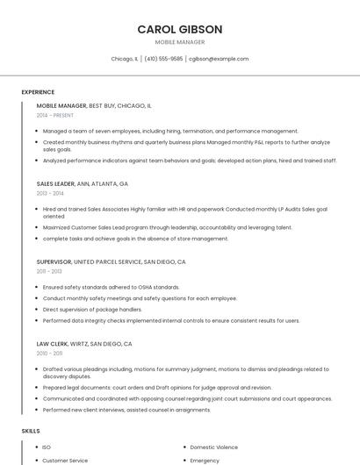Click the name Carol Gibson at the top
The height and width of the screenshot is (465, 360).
(180, 30)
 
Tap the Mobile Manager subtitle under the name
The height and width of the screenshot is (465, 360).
(180, 42)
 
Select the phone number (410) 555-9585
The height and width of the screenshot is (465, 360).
(163, 59)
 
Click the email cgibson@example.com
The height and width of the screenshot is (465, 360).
(219, 59)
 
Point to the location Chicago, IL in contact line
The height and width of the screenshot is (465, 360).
(124, 59)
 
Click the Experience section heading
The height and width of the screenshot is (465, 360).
(38, 92)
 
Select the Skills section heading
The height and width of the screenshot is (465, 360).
(31, 431)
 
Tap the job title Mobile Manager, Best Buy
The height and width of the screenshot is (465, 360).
(94, 105)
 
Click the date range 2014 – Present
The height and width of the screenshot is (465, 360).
(56, 115)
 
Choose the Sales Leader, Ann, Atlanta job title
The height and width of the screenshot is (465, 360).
(83, 184)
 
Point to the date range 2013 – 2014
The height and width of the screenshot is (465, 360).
(50, 193)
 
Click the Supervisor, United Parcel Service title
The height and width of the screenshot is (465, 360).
(111, 261)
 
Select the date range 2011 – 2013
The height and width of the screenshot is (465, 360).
(50, 271)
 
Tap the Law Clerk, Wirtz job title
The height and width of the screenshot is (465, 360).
(84, 344)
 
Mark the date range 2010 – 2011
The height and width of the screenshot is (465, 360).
(50, 353)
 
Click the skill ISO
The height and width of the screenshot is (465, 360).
(47, 447)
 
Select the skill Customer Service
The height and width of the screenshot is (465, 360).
(66, 460)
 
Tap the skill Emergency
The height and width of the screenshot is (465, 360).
(205, 460)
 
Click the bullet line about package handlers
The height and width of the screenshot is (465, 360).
(92, 310)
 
